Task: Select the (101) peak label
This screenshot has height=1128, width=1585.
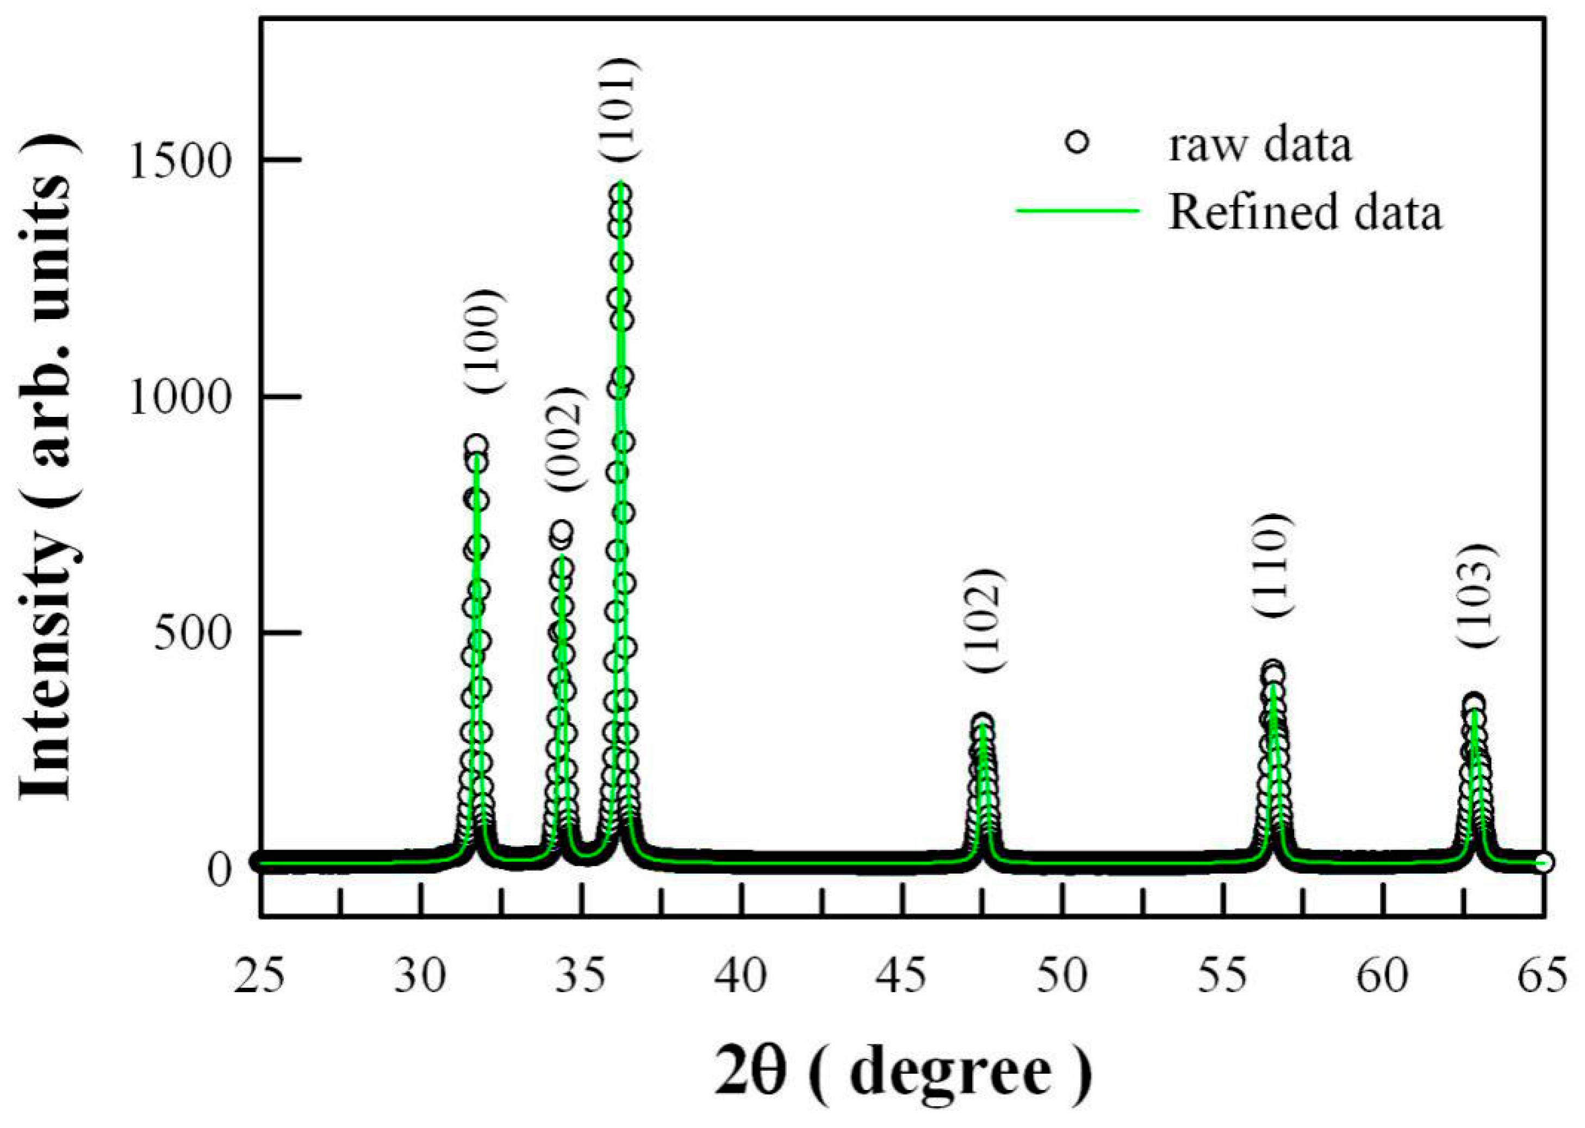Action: pyautogui.click(x=619, y=110)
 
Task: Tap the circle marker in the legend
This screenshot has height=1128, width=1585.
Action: pyautogui.click(x=1077, y=144)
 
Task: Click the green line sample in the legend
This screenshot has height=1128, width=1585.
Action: pyautogui.click(x=1078, y=210)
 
